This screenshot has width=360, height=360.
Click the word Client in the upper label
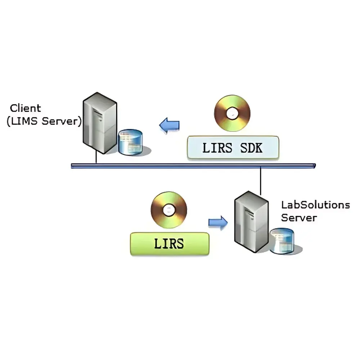(25, 108)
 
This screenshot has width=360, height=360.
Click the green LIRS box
(169, 244)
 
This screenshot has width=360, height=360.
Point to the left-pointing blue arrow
(170, 125)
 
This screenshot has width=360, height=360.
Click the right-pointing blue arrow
(218, 222)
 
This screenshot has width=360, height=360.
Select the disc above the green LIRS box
(169, 210)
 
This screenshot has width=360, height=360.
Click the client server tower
(99, 122)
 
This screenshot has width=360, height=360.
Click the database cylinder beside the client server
(130, 143)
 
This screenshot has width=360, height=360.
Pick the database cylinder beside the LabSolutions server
(282, 241)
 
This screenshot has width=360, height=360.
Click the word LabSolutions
(315, 205)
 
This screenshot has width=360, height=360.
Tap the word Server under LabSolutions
(299, 218)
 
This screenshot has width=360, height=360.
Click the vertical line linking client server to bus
(96, 157)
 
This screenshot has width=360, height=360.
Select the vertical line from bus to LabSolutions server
(260, 182)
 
